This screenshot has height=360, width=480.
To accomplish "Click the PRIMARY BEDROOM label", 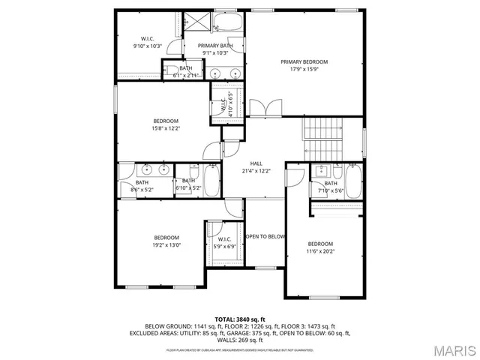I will (x=304, y=61).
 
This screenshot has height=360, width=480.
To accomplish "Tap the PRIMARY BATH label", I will (x=215, y=46).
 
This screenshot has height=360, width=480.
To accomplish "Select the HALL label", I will (x=256, y=163).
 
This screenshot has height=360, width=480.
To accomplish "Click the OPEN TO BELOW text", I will (x=265, y=237).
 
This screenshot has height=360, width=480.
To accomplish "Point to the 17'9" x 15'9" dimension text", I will (x=304, y=69).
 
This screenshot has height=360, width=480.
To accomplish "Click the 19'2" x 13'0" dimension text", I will (x=166, y=244).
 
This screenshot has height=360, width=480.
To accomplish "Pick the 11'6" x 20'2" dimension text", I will (x=320, y=251).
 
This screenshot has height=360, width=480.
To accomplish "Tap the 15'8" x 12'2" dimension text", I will (x=166, y=128).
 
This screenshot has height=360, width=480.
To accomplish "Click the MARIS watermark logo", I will (x=448, y=349).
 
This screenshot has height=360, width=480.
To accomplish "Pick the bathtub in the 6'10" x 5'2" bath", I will (x=211, y=181).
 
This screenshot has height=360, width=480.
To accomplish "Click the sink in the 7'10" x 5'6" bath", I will (x=320, y=170).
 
